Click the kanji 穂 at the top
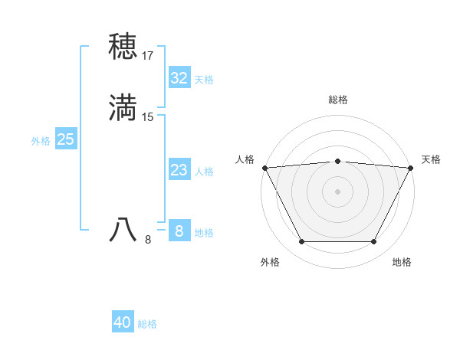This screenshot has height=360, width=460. [123, 47]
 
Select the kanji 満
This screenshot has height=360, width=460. [123, 107]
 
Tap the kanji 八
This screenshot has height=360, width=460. [123, 230]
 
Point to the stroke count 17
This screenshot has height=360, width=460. [148, 56]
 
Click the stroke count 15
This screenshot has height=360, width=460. [148, 117]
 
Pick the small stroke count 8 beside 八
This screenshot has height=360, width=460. [148, 240]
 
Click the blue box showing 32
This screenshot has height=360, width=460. [179, 78]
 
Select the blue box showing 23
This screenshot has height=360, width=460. [179, 170]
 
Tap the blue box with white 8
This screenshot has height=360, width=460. [179, 231]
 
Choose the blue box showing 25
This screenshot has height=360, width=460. [66, 139]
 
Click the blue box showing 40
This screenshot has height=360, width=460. [123, 322]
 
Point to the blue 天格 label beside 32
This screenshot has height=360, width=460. [204, 80]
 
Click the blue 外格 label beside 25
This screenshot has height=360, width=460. [41, 141]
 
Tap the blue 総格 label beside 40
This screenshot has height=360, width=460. [148, 324]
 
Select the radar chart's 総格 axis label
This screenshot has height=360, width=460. [338, 100]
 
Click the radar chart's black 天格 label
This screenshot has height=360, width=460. [432, 159]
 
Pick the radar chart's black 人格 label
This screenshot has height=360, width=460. [245, 159]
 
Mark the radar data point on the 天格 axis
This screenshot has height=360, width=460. [411, 168]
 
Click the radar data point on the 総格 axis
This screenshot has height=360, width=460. [338, 161]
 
